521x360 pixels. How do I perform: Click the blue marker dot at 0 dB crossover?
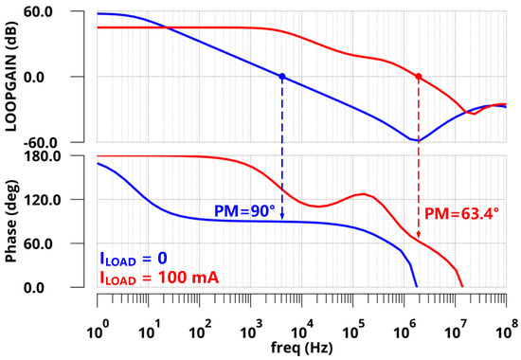pos(281,76)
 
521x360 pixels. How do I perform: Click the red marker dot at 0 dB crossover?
pos(418,76)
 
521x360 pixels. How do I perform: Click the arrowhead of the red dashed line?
pos(418,237)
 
